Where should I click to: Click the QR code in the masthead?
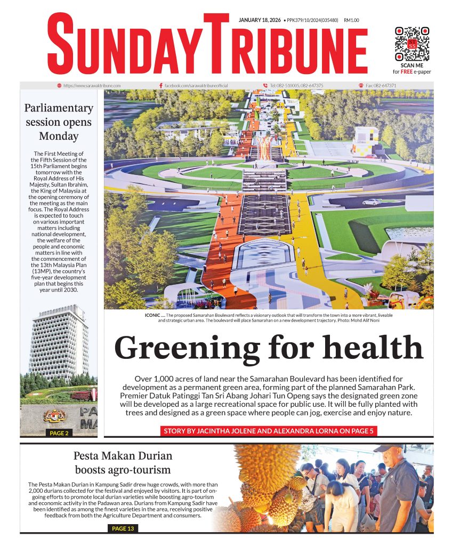click(411, 44)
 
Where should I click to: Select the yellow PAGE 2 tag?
click(59, 433)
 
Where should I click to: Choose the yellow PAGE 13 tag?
click(124, 528)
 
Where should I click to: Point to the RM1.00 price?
click(352, 20)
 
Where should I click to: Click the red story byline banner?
click(269, 431)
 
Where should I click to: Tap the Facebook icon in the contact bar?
click(161, 85)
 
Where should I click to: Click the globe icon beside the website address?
click(59, 85)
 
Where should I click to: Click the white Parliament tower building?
click(59, 341)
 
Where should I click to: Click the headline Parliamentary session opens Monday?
click(59, 122)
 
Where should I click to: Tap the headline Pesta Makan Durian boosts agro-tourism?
click(124, 463)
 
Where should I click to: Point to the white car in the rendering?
click(372, 202)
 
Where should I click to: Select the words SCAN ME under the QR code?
click(411, 65)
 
